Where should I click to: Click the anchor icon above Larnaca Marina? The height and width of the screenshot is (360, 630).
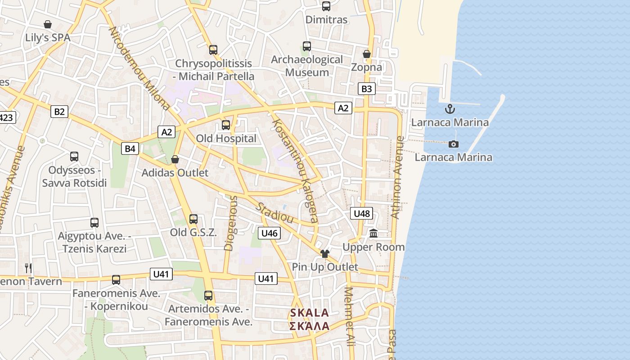point(450,109)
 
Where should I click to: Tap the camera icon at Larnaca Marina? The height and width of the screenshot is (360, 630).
point(454,144)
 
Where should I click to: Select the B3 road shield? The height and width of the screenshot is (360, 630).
point(367,89)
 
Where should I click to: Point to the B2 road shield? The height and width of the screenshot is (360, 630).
point(59,112)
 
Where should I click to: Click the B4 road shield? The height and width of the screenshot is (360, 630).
point(130,148)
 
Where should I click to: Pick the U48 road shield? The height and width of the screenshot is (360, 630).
point(362,213)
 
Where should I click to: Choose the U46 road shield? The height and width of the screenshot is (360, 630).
point(269,233)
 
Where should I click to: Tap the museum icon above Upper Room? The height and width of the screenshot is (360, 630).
point(373,234)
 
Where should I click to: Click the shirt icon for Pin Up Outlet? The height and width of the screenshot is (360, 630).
point(325,254)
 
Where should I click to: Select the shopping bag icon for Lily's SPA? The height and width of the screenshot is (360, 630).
point(48,24)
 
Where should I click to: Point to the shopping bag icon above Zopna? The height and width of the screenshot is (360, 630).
point(367,54)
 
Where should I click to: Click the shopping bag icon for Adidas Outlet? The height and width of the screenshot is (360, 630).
point(175,159)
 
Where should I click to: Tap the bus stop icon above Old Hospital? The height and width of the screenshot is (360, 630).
point(226,125)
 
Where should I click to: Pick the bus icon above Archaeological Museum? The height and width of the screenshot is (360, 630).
point(307,46)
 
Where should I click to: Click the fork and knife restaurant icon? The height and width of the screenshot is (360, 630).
point(28,268)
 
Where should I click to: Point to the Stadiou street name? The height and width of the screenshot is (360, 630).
point(275,213)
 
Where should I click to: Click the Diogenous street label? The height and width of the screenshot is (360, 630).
point(230,223)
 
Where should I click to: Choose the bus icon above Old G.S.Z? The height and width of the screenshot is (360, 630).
point(193,219)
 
